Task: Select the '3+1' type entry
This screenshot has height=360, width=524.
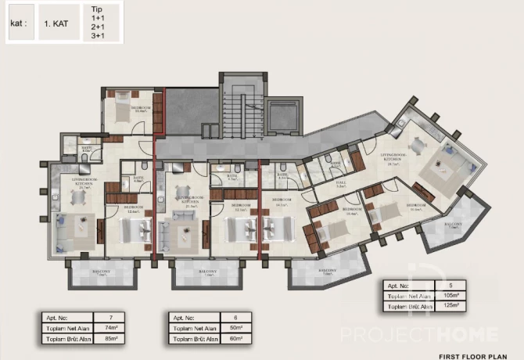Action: (97, 35)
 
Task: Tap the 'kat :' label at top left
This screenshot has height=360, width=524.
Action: (19, 24)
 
